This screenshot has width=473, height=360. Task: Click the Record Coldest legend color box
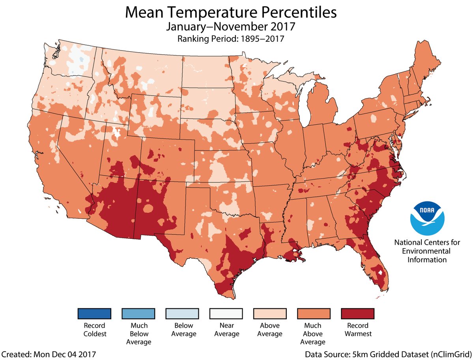click(94, 313)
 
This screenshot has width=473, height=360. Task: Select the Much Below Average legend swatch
click(138, 313)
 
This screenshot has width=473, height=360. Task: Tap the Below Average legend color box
click(182, 313)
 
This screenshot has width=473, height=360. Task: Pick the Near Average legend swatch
click(226, 313)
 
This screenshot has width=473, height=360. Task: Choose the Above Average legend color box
click(269, 313)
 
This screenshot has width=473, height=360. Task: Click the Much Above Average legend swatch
click(313, 313)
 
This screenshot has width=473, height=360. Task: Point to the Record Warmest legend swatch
click(357, 313)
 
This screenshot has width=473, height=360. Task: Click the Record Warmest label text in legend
click(357, 330)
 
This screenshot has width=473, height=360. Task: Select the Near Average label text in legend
click(226, 330)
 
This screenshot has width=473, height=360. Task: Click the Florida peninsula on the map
click(373, 264)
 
